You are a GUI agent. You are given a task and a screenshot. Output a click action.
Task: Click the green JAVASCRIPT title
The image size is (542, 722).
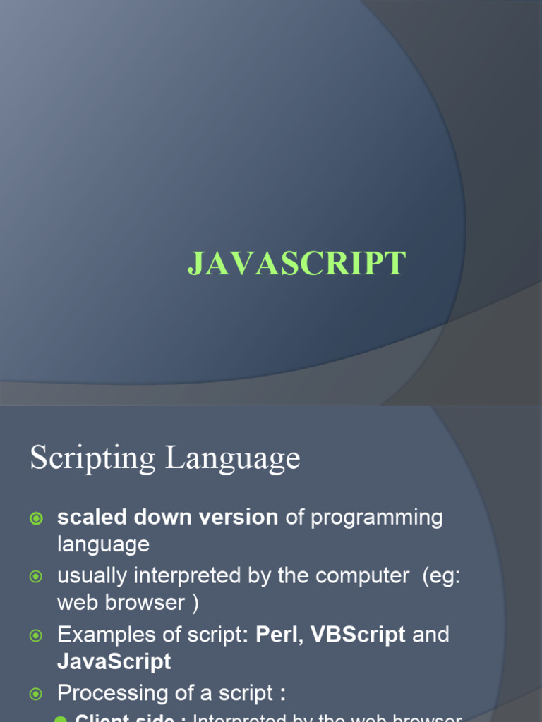296,264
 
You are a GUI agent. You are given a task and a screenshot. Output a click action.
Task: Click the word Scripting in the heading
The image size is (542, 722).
91,459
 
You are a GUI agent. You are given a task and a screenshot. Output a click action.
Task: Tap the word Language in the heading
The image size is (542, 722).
233,459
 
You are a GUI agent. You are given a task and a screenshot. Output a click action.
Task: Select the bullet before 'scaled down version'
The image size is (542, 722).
36,518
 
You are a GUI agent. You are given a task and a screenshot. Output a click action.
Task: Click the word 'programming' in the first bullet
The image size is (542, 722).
377,517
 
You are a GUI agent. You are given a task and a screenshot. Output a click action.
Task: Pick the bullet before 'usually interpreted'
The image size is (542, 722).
36,577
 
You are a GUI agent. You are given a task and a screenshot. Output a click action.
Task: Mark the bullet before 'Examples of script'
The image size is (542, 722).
36,636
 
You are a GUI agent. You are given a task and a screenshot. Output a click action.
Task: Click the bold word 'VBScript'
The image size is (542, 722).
358,635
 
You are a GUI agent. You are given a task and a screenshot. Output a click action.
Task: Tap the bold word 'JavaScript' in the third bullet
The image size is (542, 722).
114,661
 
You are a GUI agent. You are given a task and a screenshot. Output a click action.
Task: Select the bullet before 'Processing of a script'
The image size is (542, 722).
36,695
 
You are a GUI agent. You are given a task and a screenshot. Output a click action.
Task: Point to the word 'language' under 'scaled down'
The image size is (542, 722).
103,544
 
